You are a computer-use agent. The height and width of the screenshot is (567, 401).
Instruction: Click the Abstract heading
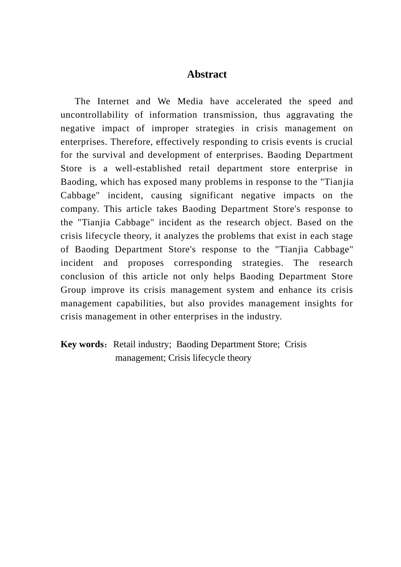[x=207, y=75]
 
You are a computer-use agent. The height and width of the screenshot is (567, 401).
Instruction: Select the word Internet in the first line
[x=113, y=102]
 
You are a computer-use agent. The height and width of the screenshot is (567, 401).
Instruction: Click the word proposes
[x=146, y=263]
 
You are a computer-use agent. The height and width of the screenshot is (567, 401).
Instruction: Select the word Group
[x=73, y=290]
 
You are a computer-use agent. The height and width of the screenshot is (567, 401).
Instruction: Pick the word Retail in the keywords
[x=125, y=344]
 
